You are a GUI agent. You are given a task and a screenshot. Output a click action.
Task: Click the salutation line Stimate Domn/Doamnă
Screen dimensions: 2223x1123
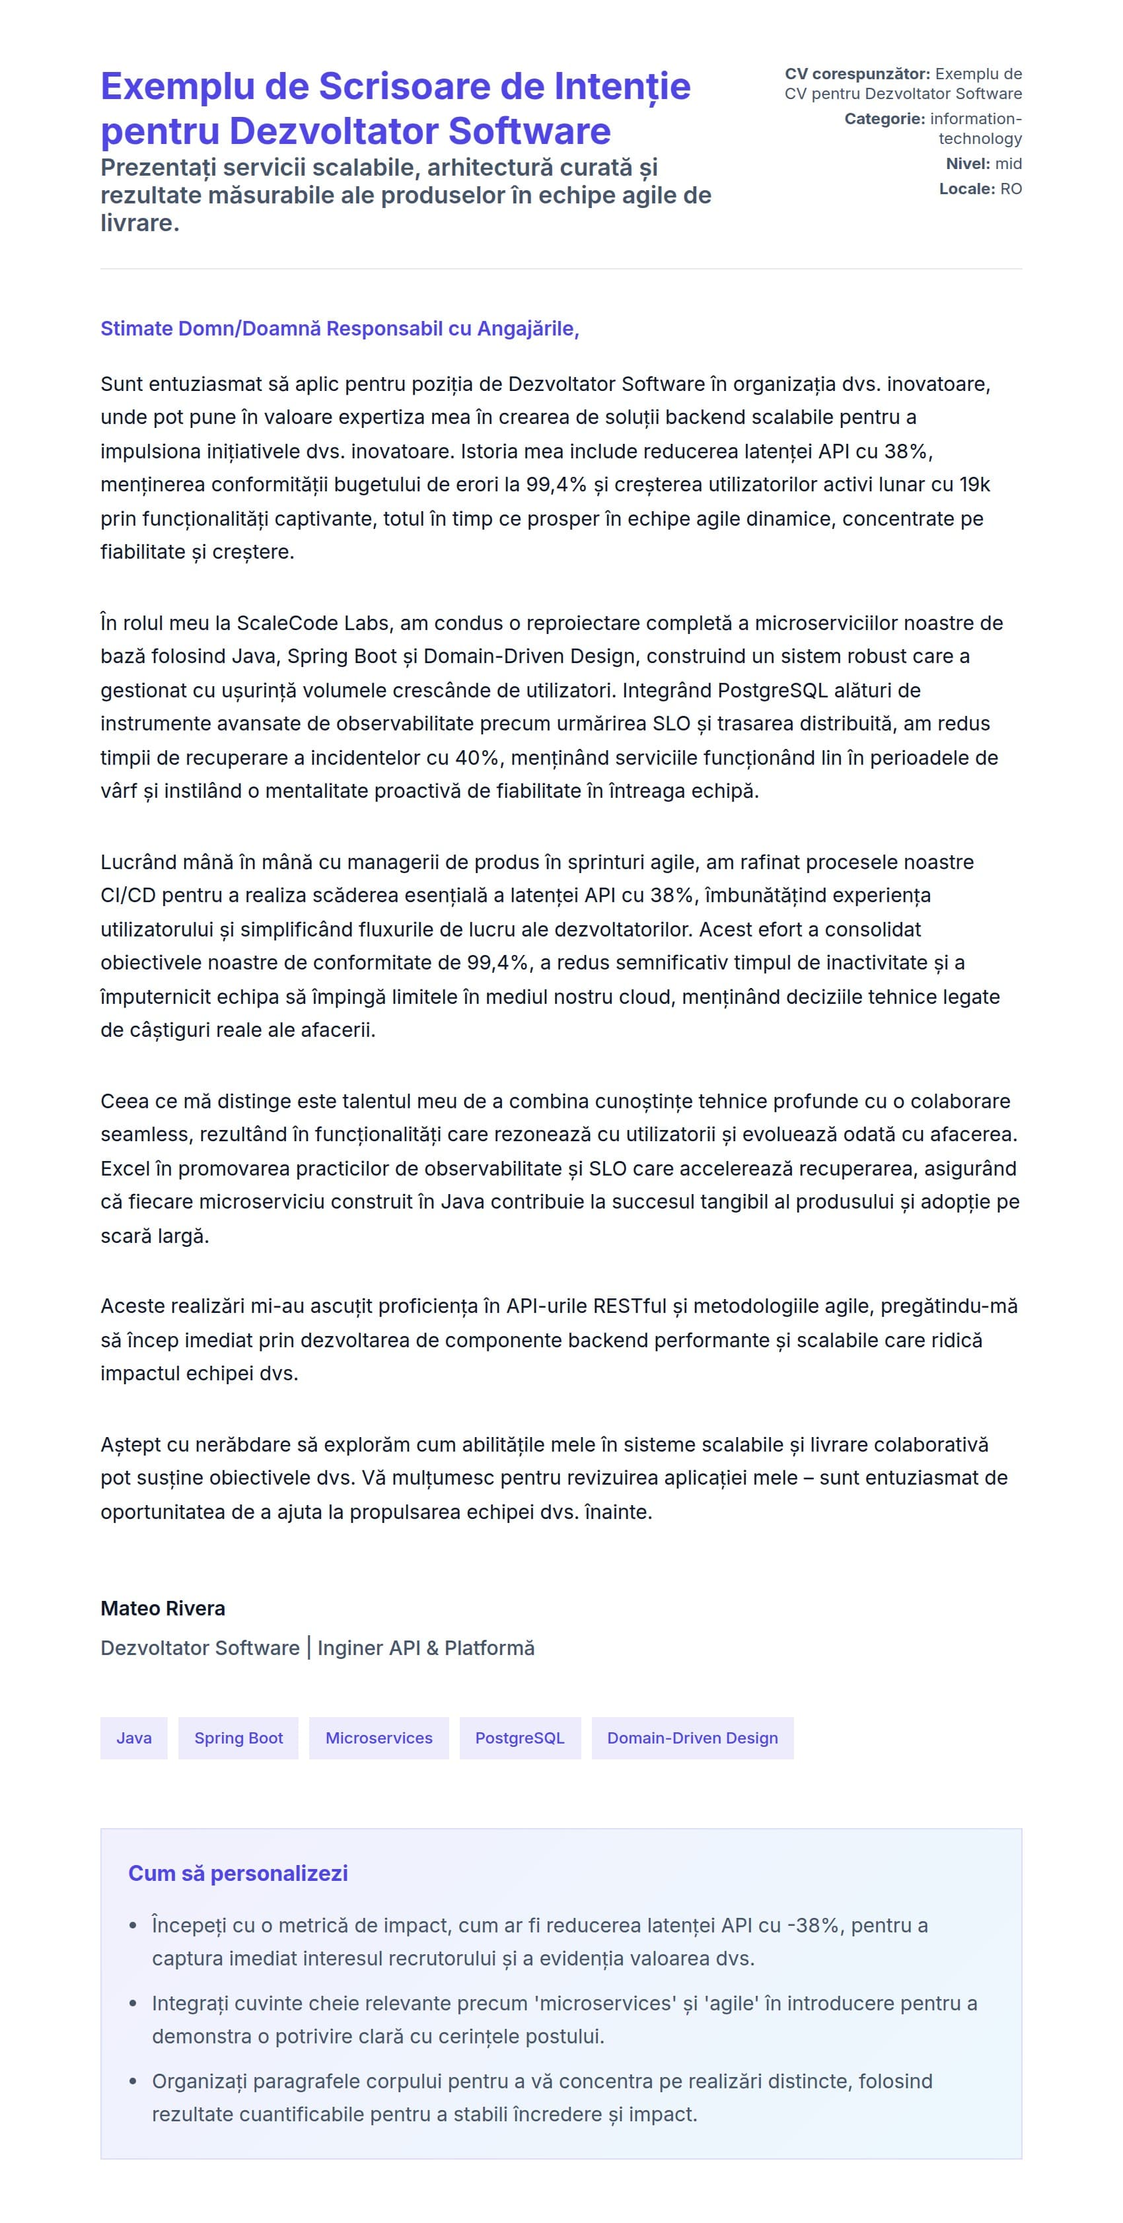(340, 329)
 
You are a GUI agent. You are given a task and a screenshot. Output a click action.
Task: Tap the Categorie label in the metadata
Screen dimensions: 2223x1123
(885, 119)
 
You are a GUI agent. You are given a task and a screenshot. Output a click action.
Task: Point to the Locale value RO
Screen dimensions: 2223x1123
(1011, 189)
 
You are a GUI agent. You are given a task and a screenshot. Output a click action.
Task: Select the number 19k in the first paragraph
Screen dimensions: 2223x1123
(974, 485)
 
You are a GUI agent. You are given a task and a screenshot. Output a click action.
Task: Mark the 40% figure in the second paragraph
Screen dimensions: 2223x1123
(478, 758)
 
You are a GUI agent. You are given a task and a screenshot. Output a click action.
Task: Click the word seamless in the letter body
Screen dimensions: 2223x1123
(144, 1135)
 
